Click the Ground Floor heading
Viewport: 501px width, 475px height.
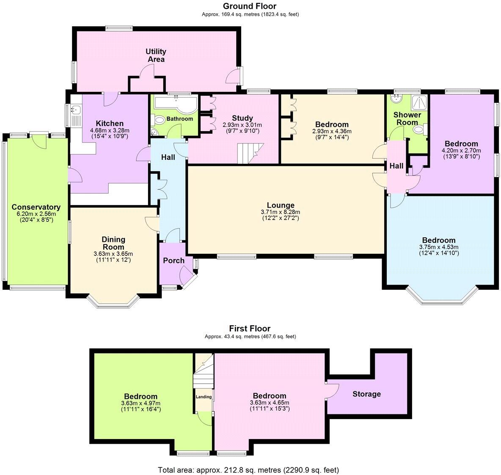(x=250, y=6)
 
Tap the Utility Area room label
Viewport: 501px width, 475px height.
(x=156, y=55)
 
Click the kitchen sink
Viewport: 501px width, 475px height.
(x=76, y=111)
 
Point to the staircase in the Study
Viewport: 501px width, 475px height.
(x=249, y=153)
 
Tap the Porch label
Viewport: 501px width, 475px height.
(x=173, y=261)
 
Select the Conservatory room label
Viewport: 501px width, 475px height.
(x=36, y=207)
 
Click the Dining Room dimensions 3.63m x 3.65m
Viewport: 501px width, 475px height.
(x=113, y=254)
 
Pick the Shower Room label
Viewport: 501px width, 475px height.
(x=407, y=118)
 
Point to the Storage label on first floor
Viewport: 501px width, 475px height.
(x=366, y=394)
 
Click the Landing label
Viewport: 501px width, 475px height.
(x=204, y=397)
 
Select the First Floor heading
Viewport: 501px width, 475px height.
(x=250, y=328)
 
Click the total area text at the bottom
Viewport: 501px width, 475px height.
(x=248, y=470)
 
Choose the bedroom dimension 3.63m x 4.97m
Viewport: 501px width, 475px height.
(x=141, y=403)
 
